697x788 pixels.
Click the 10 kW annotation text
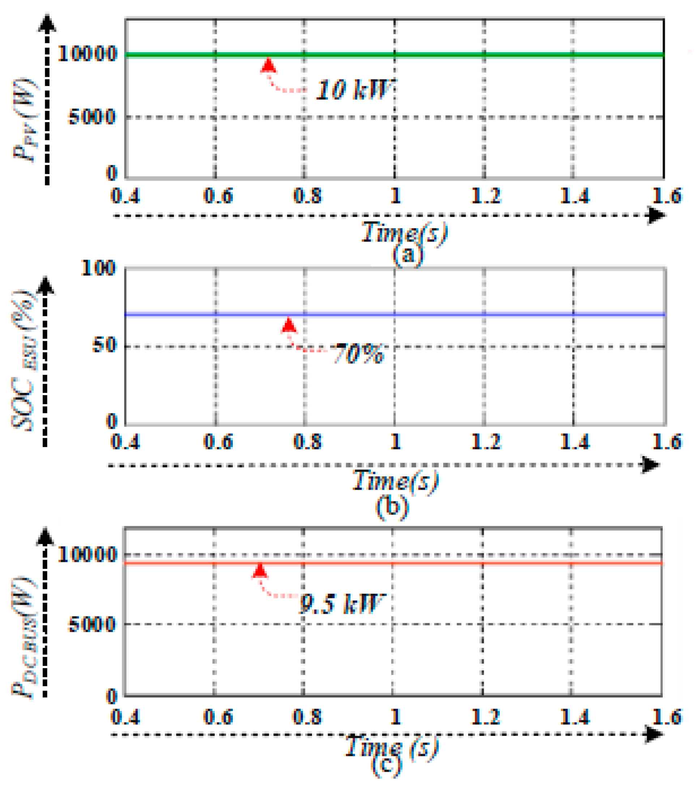[353, 90]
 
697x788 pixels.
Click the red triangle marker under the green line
[269, 65]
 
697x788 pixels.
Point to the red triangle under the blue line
[289, 326]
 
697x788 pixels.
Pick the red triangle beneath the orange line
[260, 571]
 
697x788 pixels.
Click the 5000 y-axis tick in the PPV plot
[92, 116]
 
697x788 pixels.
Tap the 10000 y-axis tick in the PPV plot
[87, 53]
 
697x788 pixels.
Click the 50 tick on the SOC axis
[103, 346]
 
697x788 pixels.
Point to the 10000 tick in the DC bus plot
[87, 555]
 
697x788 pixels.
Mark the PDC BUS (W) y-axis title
[24, 636]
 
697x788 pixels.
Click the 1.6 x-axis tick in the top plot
[667, 196]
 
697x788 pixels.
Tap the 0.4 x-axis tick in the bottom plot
[125, 717]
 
